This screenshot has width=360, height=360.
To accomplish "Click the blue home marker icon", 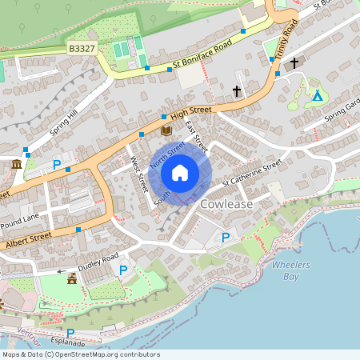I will (180, 172).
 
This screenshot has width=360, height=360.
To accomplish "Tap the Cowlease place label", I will (226, 204).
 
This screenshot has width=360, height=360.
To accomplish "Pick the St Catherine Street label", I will (252, 174).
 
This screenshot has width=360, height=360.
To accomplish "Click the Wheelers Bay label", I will (290, 270).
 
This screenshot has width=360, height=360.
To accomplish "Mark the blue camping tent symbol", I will (317, 96).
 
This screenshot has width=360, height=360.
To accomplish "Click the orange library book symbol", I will (166, 130).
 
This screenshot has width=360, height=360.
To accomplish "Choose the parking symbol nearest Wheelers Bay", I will (226, 237).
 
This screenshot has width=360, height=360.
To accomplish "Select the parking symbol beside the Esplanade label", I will (70, 333).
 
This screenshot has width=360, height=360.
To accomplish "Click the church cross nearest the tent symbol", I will (294, 62).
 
